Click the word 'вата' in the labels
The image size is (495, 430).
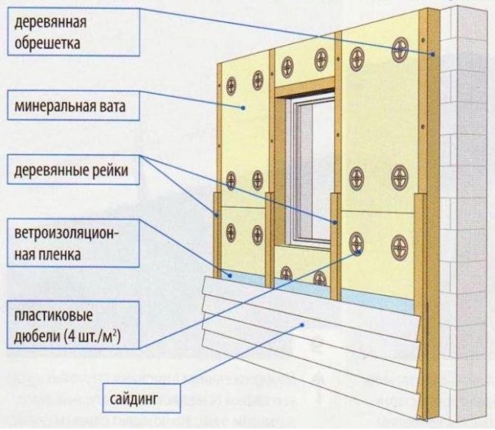point(111,106)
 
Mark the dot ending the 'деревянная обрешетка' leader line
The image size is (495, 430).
point(431,54)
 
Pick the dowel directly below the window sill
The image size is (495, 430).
point(319,278)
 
